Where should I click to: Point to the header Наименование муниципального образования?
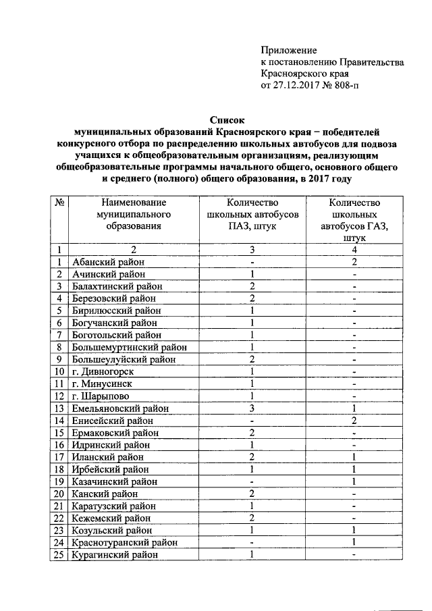133,214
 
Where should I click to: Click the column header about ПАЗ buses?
250,214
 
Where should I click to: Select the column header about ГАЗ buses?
354,220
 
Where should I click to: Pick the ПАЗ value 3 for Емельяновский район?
250,408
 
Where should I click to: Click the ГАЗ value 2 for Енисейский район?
354,421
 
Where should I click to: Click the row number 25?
59,554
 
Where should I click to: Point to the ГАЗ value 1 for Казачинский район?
354,481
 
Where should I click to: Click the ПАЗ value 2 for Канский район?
250,494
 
